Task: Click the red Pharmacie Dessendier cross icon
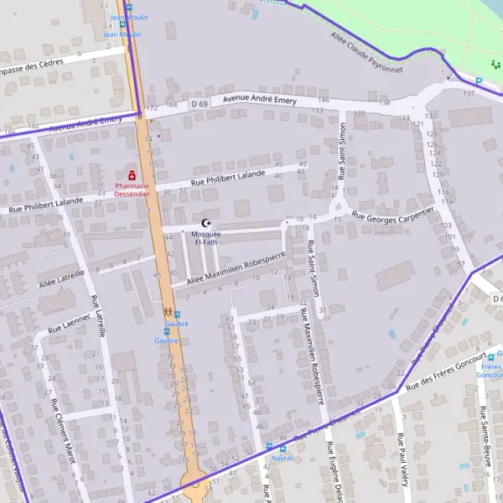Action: (132, 175)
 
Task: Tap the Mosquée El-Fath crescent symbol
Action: (205, 223)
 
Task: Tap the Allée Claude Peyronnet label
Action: (366, 54)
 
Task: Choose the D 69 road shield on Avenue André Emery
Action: (199, 103)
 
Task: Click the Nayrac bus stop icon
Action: (269, 447)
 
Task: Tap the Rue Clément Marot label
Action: (65, 431)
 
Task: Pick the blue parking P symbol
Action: (480, 81)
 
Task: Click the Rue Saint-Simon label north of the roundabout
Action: (342, 151)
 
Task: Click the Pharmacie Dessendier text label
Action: (132, 189)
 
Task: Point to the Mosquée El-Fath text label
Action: (205, 237)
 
